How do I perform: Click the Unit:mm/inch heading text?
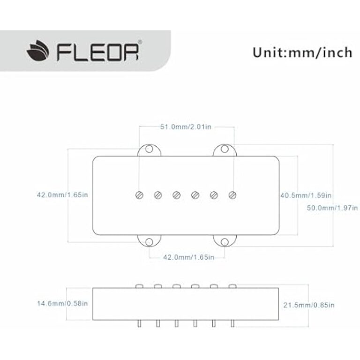pyautogui.click(x=302, y=52)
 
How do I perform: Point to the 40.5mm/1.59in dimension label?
pyautogui.click(x=306, y=195)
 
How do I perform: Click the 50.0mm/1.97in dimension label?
pyautogui.click(x=332, y=208)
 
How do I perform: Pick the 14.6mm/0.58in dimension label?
pyautogui.click(x=62, y=304)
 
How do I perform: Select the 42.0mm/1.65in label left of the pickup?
pyautogui.click(x=62, y=195)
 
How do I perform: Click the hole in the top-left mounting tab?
pyautogui.click(x=149, y=150)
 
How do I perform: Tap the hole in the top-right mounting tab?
pyautogui.click(x=224, y=150)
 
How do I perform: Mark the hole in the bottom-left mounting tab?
pyautogui.click(x=149, y=241)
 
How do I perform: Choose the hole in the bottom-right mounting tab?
pyautogui.click(x=224, y=241)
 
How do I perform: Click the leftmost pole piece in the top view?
pyautogui.click(x=139, y=195)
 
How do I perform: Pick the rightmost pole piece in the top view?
pyautogui.click(x=232, y=195)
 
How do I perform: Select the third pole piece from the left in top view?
pyautogui.click(x=176, y=195)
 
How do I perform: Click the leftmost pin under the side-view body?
pyautogui.click(x=139, y=323)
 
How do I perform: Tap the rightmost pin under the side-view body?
pyautogui.click(x=232, y=323)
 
